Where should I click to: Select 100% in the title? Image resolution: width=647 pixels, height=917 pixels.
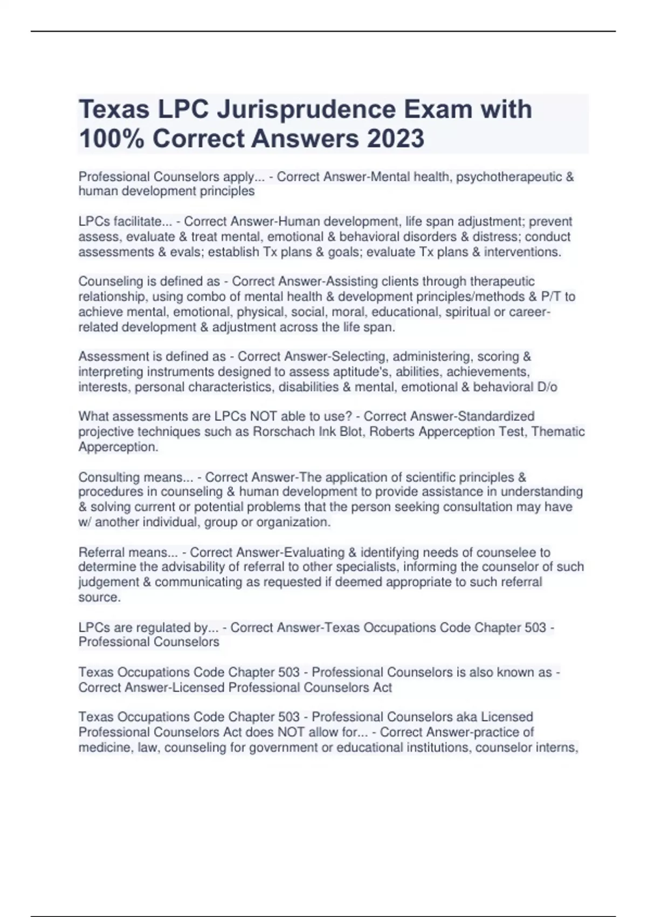112,139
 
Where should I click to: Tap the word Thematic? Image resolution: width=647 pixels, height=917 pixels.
557,432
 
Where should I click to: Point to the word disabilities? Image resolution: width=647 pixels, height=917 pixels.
305,387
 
